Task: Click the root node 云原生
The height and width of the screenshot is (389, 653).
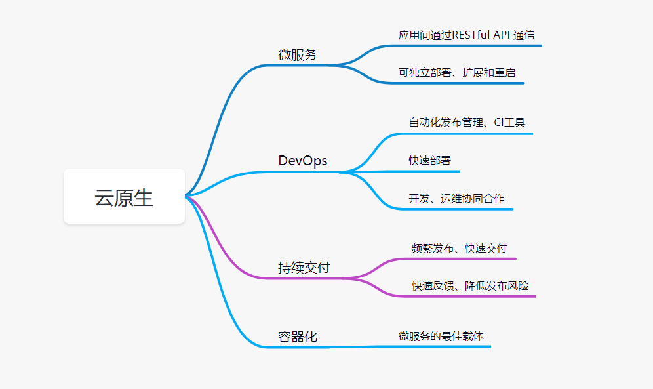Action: coord(124,197)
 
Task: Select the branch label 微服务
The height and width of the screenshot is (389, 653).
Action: coord(298,54)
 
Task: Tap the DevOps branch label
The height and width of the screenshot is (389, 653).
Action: coord(303,161)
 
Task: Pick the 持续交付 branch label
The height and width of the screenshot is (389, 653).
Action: coord(304,268)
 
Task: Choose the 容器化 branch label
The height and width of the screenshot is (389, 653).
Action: coord(298,337)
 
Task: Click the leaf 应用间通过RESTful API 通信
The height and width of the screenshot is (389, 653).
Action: coord(466,35)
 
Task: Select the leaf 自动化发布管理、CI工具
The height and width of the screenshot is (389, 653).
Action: coord(467,123)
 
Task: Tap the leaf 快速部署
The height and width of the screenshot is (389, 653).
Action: coord(429,161)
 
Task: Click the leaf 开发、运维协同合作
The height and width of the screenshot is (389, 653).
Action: coord(456,198)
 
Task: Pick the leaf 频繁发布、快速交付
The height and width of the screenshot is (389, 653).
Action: coord(459,249)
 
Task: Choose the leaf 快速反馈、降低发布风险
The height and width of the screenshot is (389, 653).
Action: coord(470,286)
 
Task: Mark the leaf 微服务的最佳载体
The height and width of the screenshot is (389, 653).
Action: coord(441,337)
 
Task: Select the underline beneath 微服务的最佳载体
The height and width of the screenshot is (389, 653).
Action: coord(446,346)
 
